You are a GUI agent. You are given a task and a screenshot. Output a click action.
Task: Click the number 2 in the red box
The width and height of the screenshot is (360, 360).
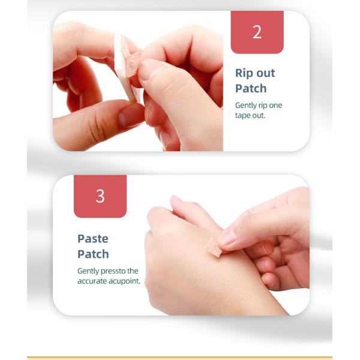pos(257,32)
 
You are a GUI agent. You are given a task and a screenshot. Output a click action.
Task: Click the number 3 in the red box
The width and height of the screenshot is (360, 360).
pos(100,196)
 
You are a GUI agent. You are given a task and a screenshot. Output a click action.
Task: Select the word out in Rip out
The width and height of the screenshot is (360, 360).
pos(265,73)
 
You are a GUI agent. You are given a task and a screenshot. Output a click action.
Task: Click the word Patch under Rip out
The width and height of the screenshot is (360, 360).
pos(251,88)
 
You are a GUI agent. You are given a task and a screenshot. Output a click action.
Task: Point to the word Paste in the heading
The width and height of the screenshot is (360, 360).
pos(93,239)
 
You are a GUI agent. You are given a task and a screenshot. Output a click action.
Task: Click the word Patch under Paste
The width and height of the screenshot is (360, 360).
pos(93,254)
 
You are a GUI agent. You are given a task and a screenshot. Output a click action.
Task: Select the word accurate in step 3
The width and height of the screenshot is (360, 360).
pos(92,281)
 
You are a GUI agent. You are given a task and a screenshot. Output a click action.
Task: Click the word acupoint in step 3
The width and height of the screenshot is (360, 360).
pos(124,281)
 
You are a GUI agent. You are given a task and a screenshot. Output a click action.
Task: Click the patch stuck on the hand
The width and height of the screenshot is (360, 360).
pos(214,247)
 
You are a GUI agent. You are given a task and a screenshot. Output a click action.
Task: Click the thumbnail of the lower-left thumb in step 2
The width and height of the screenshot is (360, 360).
pos(130,116)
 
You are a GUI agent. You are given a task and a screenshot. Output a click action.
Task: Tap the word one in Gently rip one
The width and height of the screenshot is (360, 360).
pos(276,106)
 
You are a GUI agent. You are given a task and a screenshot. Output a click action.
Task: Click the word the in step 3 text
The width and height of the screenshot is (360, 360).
pos(133,271)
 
